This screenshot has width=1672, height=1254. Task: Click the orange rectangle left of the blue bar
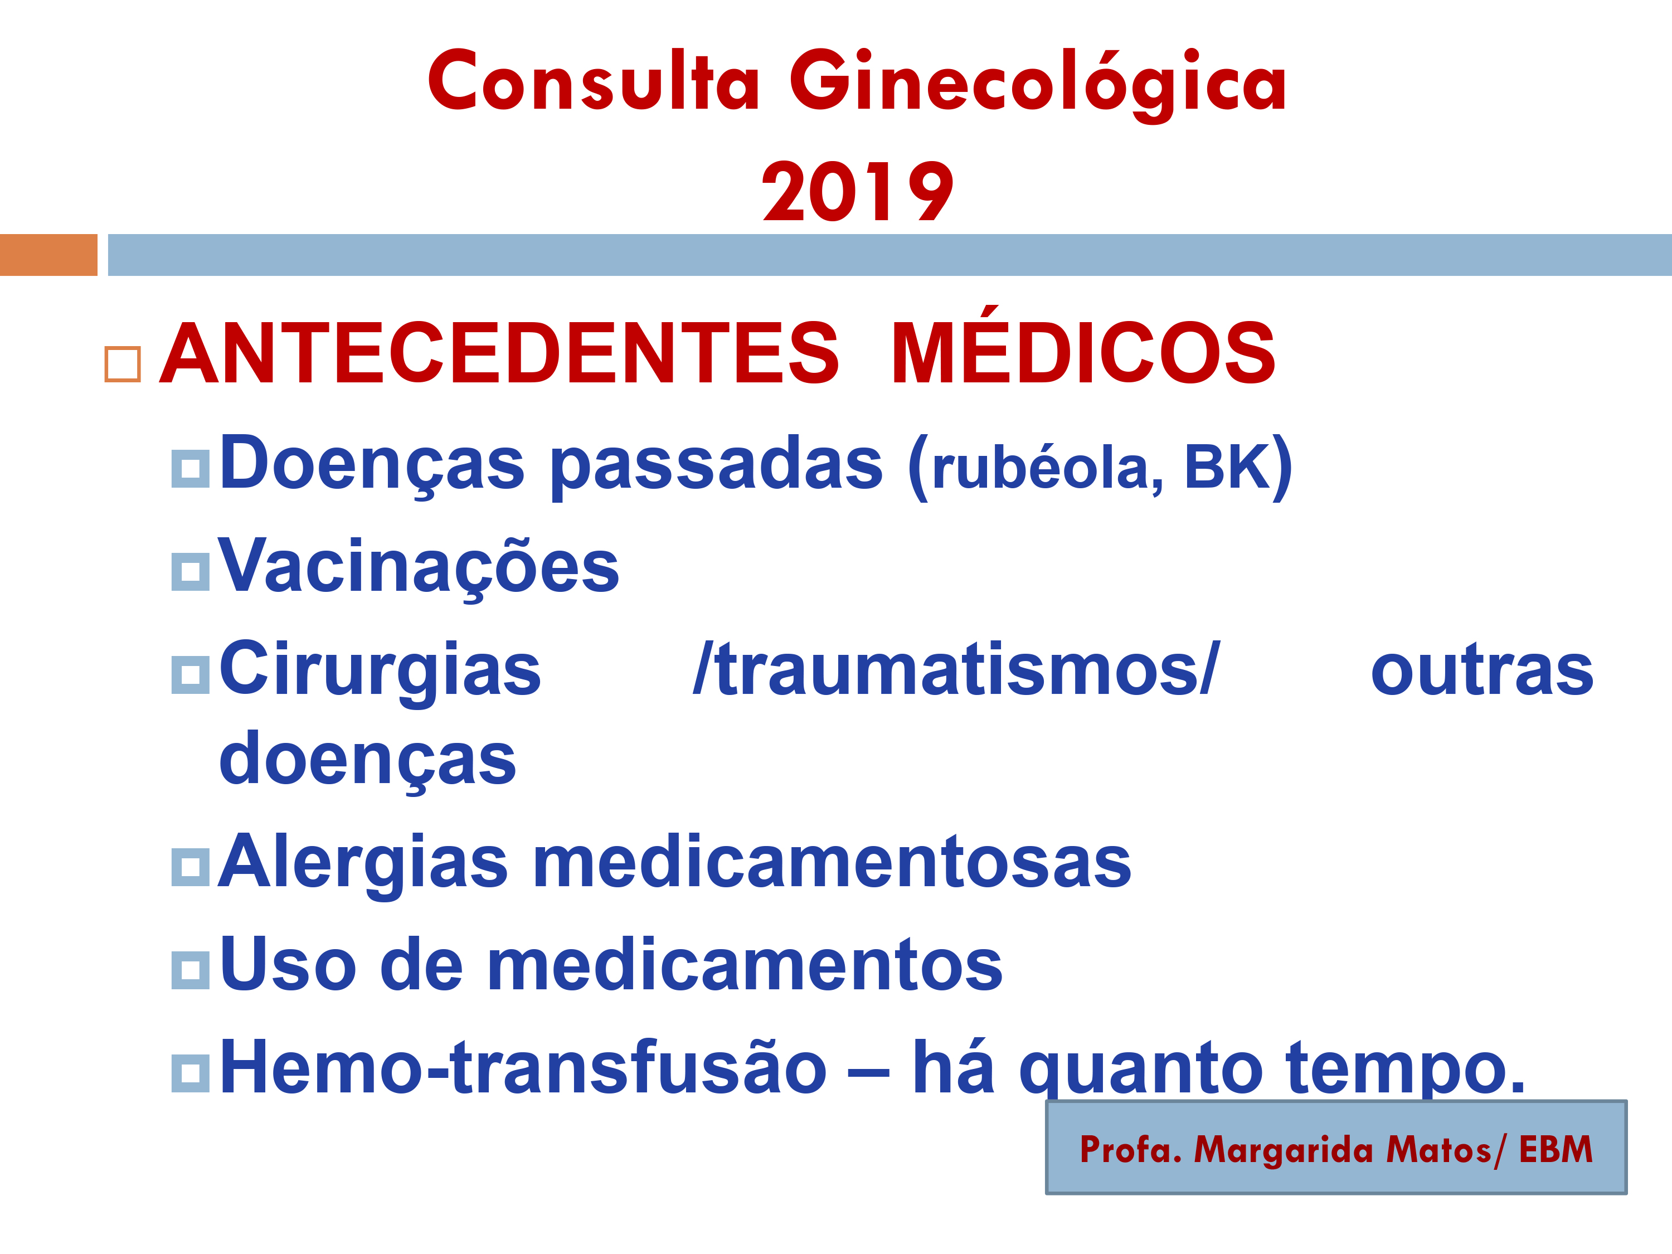click(x=48, y=255)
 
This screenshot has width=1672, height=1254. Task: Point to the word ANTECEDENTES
click(x=499, y=352)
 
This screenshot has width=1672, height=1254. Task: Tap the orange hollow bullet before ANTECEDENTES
click(x=123, y=364)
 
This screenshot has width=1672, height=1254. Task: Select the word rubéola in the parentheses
click(x=1040, y=467)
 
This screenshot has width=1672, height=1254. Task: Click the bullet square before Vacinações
click(x=191, y=571)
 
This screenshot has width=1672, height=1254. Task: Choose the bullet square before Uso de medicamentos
click(x=191, y=970)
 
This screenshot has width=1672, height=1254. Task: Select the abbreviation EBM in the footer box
click(x=1556, y=1149)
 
